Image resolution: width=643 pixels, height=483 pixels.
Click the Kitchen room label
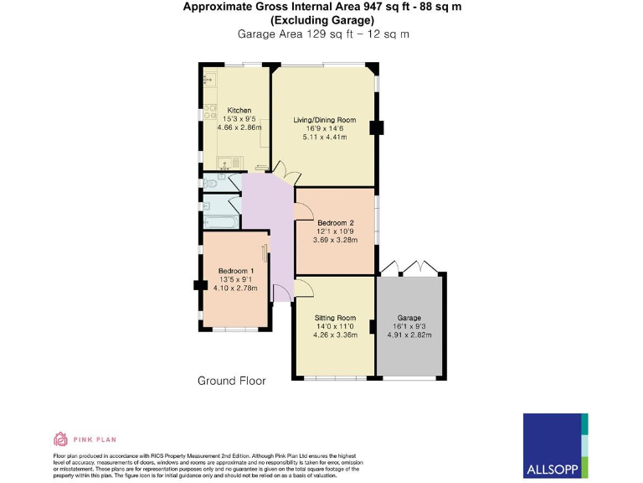pyautogui.click(x=239, y=111)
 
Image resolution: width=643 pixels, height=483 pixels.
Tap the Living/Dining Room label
pyautogui.click(x=324, y=120)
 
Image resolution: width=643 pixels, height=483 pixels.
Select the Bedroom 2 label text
pyautogui.click(x=335, y=222)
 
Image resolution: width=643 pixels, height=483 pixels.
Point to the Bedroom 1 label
pyautogui.click(x=235, y=271)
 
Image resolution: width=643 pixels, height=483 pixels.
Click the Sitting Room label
pyautogui.click(x=335, y=318)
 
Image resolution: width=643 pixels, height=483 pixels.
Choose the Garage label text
pyautogui.click(x=409, y=318)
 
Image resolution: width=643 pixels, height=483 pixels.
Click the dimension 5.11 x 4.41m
pyautogui.click(x=324, y=137)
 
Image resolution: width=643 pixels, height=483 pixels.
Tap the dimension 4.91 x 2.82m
pyautogui.click(x=409, y=335)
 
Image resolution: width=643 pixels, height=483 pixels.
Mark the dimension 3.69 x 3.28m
pyautogui.click(x=335, y=240)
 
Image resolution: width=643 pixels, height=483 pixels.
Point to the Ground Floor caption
pyautogui.click(x=231, y=381)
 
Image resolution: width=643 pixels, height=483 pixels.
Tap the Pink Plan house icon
pyautogui.click(x=59, y=438)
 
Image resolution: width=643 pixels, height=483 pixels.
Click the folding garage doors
pyautogui.click(x=409, y=267)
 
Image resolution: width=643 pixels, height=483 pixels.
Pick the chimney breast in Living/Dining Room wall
pyautogui.click(x=378, y=127)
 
